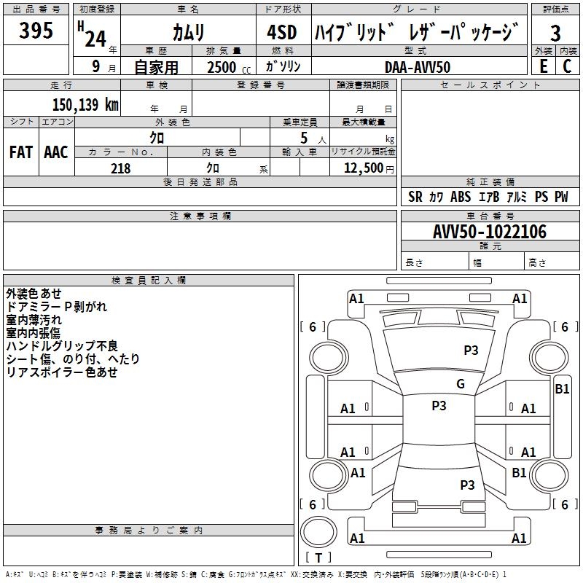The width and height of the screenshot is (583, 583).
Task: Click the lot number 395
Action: tap(36, 31)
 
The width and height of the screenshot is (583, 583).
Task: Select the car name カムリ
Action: tap(188, 33)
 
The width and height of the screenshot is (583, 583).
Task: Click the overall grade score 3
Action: tap(555, 34)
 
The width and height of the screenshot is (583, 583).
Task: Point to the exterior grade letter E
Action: tap(543, 66)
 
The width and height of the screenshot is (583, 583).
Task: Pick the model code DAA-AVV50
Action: tap(418, 66)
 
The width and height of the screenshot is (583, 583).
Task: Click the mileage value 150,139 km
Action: tap(85, 104)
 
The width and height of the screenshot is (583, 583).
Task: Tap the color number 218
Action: tap(120, 168)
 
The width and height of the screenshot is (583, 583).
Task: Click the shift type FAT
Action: tap(21, 152)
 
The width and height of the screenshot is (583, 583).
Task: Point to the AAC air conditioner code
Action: tap(55, 152)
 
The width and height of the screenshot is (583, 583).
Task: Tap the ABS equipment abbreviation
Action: tap(461, 197)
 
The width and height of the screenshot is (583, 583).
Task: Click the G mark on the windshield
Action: tap(460, 384)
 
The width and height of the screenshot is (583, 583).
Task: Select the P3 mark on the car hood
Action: tap(471, 351)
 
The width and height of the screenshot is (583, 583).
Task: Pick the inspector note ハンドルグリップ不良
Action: tap(62, 346)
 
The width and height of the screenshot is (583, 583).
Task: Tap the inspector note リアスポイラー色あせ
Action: tap(62, 372)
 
